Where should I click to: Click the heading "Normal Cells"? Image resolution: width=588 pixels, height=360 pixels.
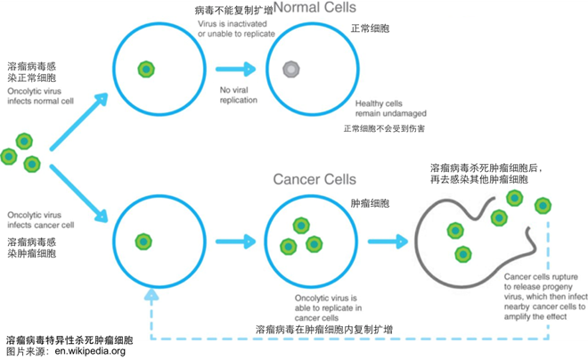(315, 7)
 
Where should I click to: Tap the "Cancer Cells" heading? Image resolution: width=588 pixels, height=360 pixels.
(314, 179)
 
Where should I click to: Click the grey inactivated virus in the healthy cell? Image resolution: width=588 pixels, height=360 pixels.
(291, 69)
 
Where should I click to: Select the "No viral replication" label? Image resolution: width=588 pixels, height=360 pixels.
(239, 95)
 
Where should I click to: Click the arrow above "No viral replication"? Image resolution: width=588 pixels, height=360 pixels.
(235, 69)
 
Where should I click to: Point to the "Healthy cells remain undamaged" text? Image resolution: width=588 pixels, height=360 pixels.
(391, 109)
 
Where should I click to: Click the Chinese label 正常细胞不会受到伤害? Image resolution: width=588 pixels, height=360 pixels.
(384, 128)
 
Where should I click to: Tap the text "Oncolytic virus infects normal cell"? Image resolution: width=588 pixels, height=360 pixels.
(40, 96)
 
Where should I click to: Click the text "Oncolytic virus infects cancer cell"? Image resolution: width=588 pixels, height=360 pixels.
(40, 220)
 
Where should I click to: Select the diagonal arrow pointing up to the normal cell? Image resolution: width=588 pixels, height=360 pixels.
(78, 122)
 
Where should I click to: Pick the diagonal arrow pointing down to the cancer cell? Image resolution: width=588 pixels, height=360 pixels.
(78, 193)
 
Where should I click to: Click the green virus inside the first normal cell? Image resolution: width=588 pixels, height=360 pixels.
(146, 70)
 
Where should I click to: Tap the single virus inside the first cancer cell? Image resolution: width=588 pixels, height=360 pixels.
(143, 241)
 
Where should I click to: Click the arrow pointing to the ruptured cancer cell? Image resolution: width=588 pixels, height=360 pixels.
(388, 241)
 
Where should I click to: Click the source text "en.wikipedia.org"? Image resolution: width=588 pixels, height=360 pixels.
(90, 351)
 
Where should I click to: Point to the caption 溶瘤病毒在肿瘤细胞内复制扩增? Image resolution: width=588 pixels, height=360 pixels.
(324, 330)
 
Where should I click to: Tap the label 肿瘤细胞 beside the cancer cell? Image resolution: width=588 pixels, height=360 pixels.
(370, 204)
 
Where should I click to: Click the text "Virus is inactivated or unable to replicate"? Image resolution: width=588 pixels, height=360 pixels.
(236, 29)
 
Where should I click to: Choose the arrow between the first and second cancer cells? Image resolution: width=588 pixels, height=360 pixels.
(235, 241)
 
